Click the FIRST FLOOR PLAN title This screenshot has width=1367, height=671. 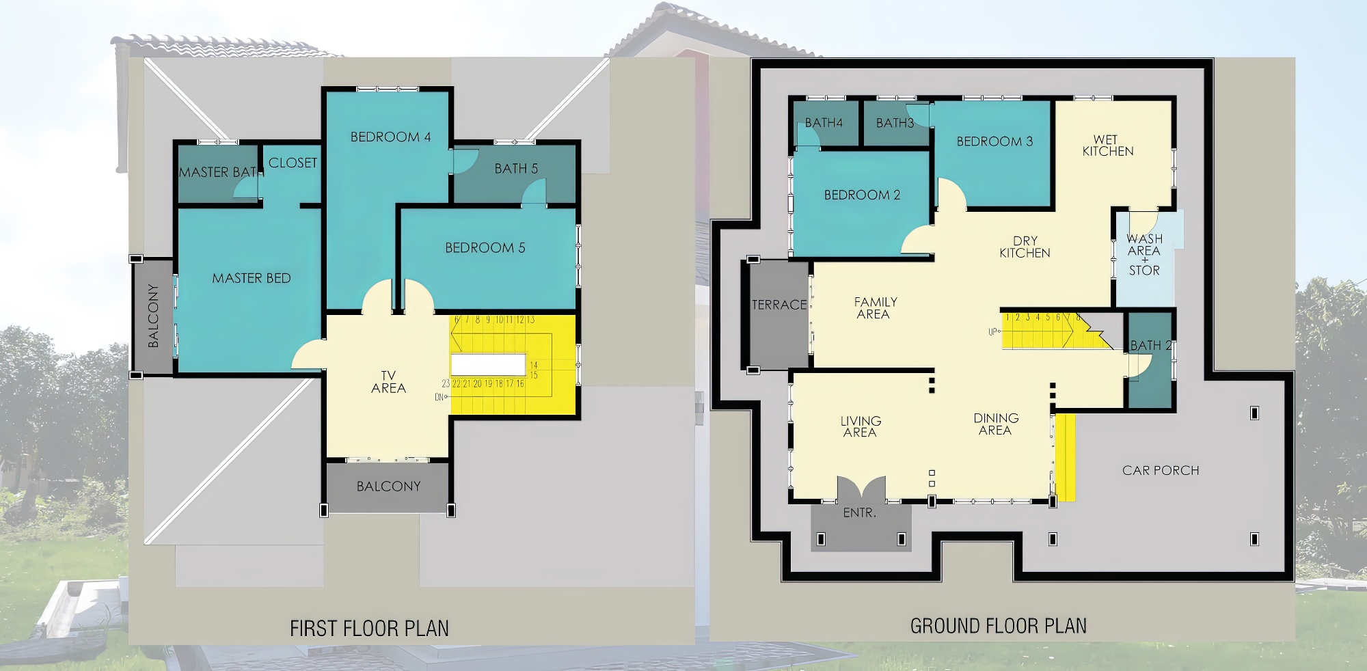(369, 628)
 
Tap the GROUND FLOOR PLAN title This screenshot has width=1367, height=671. (998, 625)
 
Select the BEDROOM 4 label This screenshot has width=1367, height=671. (390, 137)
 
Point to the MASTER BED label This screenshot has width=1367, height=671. (252, 278)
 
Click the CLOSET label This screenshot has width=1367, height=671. (293, 163)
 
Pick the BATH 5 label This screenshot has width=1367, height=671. (516, 168)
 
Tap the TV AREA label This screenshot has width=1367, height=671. (388, 382)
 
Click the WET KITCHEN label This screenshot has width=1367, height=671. (1107, 146)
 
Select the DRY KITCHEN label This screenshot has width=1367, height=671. (1025, 247)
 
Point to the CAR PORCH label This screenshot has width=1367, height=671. (1161, 470)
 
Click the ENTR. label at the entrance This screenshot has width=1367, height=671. (859, 512)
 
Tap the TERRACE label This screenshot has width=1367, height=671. (779, 305)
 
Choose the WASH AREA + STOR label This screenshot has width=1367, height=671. (1144, 254)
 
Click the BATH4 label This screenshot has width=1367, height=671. (824, 123)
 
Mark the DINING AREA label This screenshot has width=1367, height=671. (996, 424)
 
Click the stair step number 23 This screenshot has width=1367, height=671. (446, 384)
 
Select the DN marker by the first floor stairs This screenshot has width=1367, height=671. (440, 397)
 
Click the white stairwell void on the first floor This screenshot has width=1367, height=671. (488, 364)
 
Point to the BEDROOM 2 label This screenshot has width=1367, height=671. (862, 195)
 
